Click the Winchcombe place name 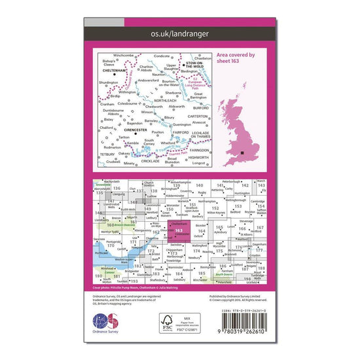(x=122, y=56)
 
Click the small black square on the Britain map (x=244, y=153)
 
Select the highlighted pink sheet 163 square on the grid (x=179, y=230)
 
